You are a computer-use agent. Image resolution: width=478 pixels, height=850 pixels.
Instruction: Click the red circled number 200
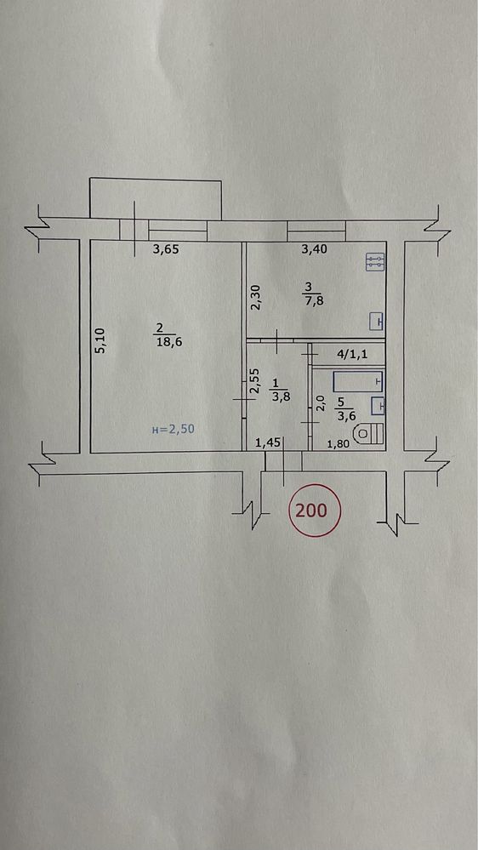314,511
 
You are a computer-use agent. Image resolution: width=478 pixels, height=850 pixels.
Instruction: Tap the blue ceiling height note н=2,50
173,430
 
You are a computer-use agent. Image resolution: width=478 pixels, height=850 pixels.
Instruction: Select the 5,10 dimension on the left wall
101,341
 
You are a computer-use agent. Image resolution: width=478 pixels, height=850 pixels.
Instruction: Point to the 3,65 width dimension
166,250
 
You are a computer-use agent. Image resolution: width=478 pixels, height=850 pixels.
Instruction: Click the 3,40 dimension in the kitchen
314,250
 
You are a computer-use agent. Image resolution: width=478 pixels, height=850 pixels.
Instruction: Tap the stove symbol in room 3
374,263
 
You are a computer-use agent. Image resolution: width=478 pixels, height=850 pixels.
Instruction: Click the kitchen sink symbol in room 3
377,322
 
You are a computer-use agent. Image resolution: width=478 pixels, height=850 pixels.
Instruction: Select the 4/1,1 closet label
353,356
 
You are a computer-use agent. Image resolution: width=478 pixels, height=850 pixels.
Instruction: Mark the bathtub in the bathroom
358,382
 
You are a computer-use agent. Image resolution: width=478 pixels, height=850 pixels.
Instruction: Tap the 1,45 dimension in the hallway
267,443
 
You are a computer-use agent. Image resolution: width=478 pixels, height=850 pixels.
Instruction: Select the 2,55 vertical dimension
253,382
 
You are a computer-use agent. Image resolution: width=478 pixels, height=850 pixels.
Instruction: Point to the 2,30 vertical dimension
256,298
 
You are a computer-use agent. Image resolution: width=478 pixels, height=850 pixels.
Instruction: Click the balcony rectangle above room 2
156,198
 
